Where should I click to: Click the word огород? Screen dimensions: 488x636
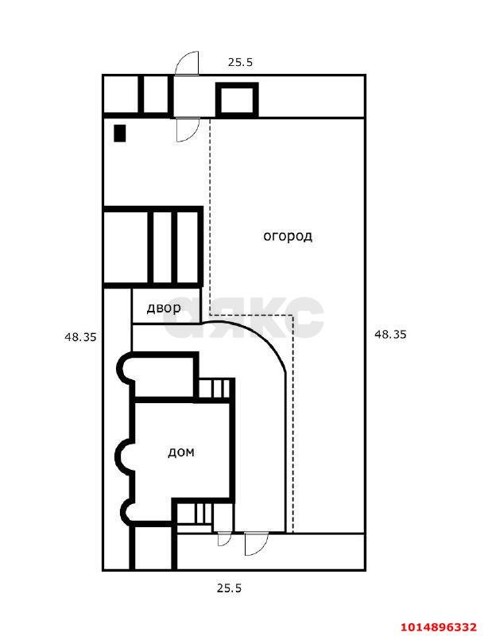288,236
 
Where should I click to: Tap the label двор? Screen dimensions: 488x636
164,308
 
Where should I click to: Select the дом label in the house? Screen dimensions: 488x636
181,452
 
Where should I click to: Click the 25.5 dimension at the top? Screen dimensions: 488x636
240,63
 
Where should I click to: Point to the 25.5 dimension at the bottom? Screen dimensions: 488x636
229,588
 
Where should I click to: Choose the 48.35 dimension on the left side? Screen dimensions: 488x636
80,336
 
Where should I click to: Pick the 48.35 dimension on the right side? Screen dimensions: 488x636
389,335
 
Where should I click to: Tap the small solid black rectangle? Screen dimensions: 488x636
120,133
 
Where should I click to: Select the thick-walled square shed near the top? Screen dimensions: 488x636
237,99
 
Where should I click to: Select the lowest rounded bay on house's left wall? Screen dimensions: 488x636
123,512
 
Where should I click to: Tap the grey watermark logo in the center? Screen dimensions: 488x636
243,317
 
